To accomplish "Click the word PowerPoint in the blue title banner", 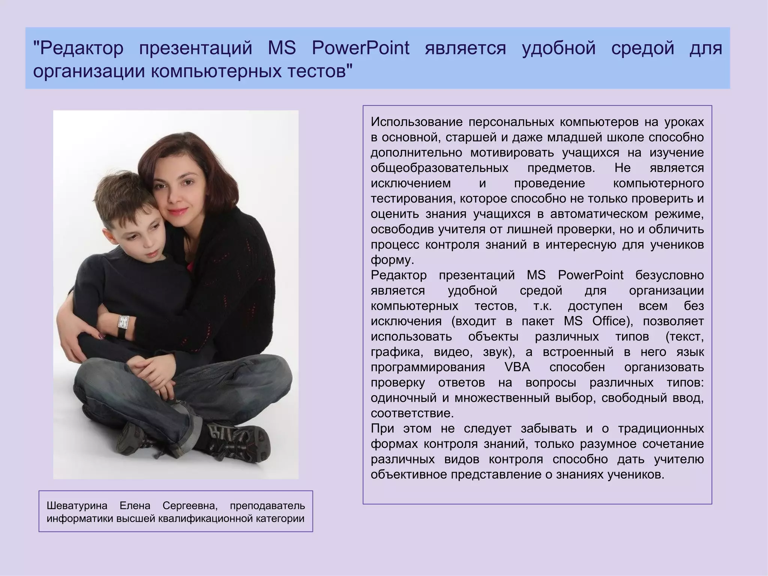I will click(360, 48).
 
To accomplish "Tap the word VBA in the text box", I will click(517, 367).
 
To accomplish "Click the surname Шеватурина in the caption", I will click(77, 506).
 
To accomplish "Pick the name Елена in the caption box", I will click(135, 506).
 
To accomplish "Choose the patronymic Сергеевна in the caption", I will click(190, 506).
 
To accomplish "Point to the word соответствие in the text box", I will click(412, 413).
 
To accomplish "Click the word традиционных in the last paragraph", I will click(661, 429).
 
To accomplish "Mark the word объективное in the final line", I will click(409, 475).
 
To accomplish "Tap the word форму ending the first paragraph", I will click(392, 260).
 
